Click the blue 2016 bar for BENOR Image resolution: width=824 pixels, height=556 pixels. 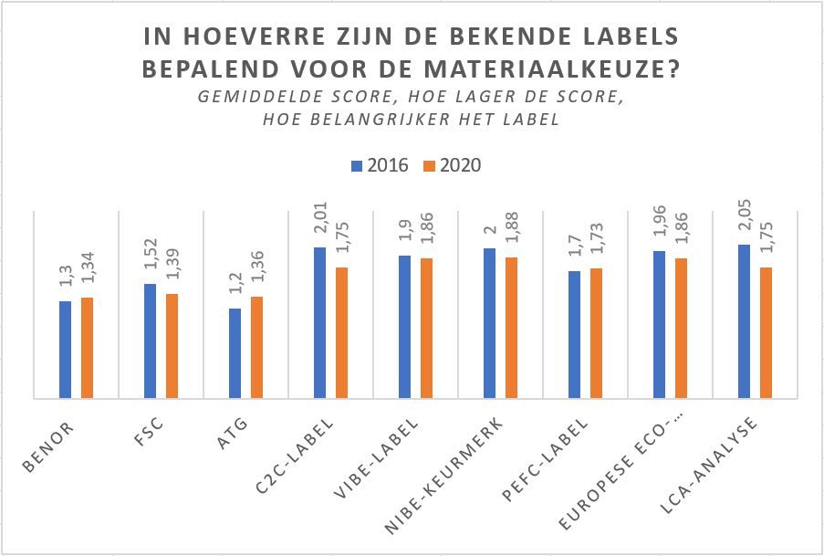65,350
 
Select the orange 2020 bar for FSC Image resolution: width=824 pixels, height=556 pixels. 172,346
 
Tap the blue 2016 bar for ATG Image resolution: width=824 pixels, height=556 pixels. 235,353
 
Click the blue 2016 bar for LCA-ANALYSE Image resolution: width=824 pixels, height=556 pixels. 744,321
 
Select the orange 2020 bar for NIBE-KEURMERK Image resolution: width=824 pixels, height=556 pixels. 511,328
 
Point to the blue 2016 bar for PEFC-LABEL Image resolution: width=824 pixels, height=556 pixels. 574,334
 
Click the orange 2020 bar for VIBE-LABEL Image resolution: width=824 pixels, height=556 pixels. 426,328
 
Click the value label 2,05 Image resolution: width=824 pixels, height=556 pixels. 745,222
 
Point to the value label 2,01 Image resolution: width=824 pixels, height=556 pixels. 320,225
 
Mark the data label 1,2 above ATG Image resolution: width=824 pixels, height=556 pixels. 235,289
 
